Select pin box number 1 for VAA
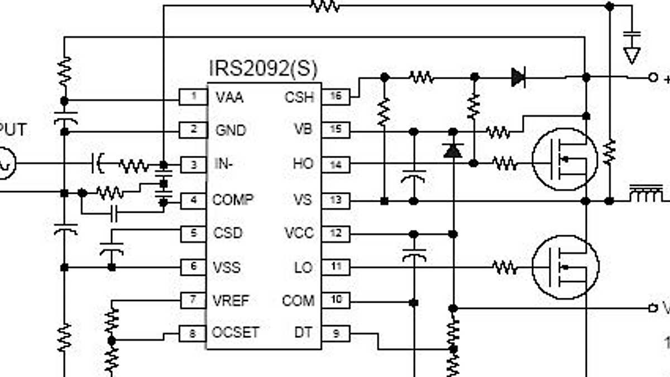point(193,97)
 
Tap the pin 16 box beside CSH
point(336,97)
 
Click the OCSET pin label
point(235,332)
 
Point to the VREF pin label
point(231,300)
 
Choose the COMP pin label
point(233,199)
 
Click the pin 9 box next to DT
point(336,333)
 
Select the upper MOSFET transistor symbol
point(564,160)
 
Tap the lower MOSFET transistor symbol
point(564,267)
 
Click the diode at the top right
point(518,77)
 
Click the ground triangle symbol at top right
point(631,55)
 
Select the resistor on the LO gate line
point(505,268)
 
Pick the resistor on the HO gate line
point(505,163)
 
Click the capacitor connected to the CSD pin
point(112,249)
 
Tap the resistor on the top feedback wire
point(324,6)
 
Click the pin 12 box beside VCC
point(336,233)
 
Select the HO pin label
point(303,164)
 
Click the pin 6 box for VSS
point(193,267)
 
